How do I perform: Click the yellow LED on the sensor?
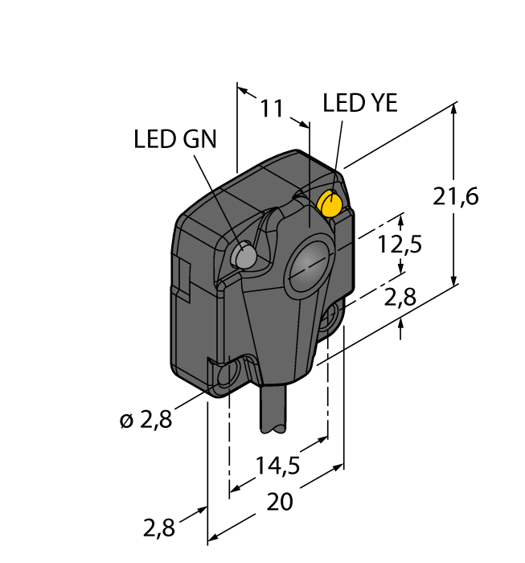pyautogui.click(x=330, y=205)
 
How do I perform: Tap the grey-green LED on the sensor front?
pyautogui.click(x=243, y=256)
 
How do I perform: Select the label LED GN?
pyautogui.click(x=174, y=139)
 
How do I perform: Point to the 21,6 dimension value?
pyautogui.click(x=456, y=196)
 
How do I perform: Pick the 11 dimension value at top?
pyautogui.click(x=273, y=109)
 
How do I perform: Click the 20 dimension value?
pyautogui.click(x=279, y=502)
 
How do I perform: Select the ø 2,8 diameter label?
pyautogui.click(x=146, y=419)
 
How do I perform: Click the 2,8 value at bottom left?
pyautogui.click(x=158, y=528)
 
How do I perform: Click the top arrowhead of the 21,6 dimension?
pyautogui.click(x=455, y=108)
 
